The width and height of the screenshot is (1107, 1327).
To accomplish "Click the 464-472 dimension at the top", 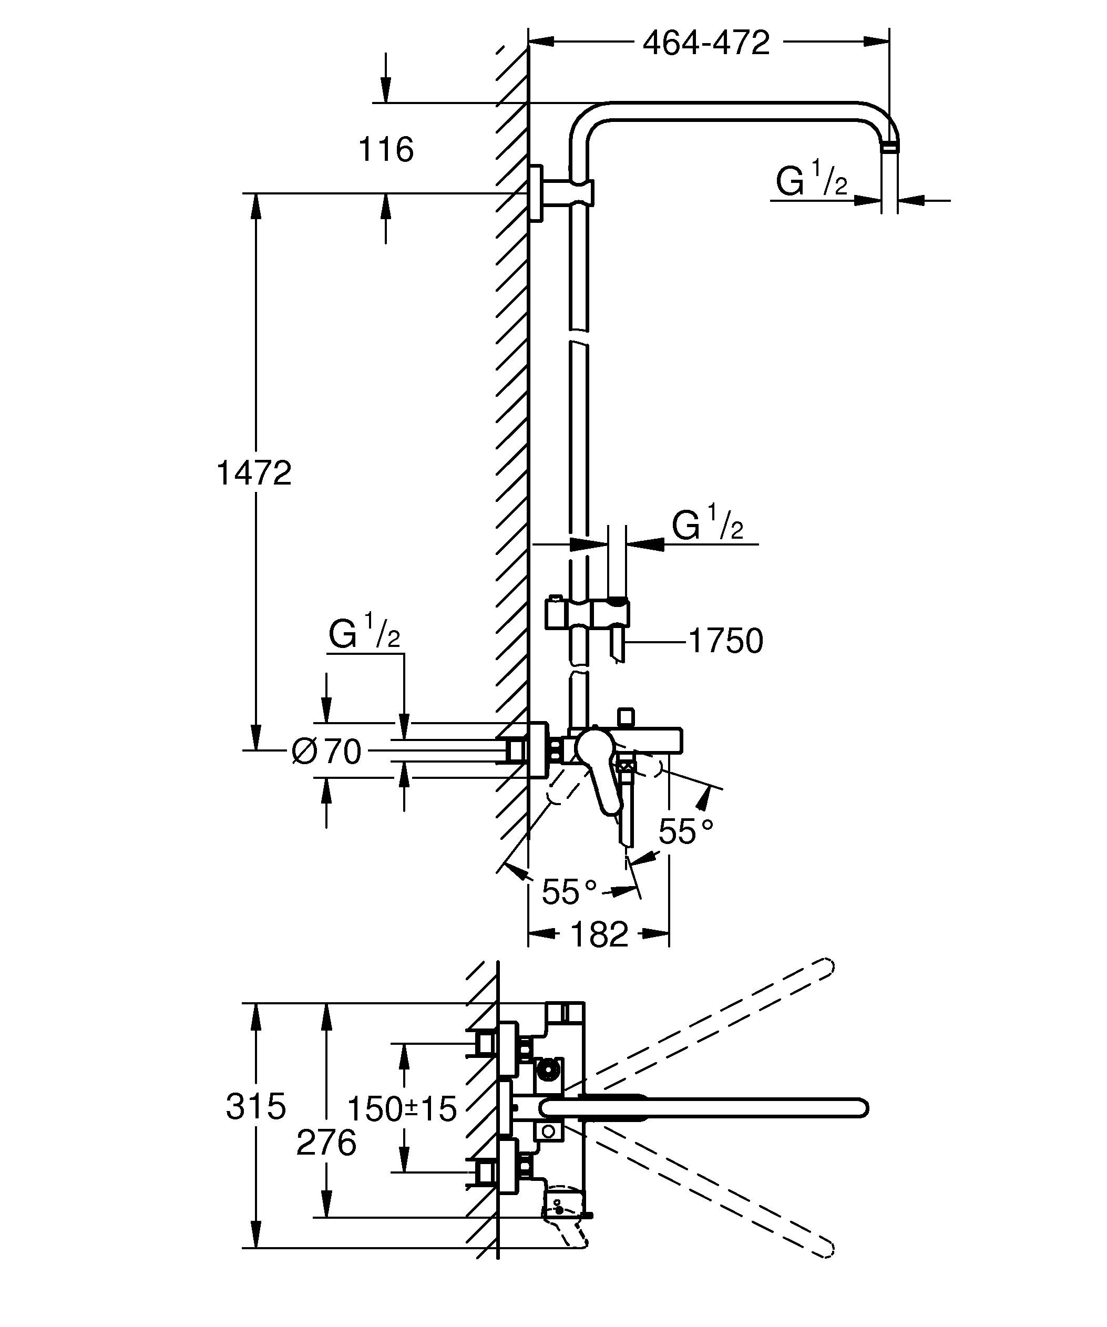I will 706,43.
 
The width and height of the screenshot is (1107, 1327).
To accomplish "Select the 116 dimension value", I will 385,150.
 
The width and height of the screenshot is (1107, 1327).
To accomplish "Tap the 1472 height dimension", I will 254,472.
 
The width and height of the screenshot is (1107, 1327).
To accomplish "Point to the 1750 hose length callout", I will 725,641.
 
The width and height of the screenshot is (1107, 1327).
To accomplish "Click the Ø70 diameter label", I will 326,752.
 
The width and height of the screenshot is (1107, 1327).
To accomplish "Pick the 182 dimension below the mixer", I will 599,934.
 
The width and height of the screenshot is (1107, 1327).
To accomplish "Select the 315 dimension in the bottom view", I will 256,1107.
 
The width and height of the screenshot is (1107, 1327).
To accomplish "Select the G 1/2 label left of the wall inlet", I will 364,634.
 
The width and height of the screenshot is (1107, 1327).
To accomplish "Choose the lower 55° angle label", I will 569,892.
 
